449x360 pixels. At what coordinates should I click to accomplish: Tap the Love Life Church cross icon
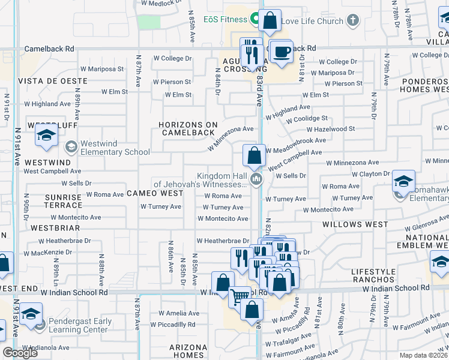pyautogui.click(x=353, y=20)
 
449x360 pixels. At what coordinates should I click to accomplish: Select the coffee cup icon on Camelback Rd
pyautogui.click(x=280, y=52)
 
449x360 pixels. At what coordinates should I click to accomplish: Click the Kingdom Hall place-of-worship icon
pyautogui.click(x=256, y=179)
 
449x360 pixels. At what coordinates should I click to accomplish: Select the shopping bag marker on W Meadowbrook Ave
pyautogui.click(x=255, y=155)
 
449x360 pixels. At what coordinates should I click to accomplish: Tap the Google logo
pyautogui.click(x=20, y=353)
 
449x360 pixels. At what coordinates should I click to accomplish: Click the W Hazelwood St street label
pyautogui.click(x=330, y=129)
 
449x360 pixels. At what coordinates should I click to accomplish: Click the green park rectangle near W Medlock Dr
pyautogui.click(x=149, y=22)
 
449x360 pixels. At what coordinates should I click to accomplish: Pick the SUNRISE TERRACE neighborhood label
pyautogui.click(x=63, y=201)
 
